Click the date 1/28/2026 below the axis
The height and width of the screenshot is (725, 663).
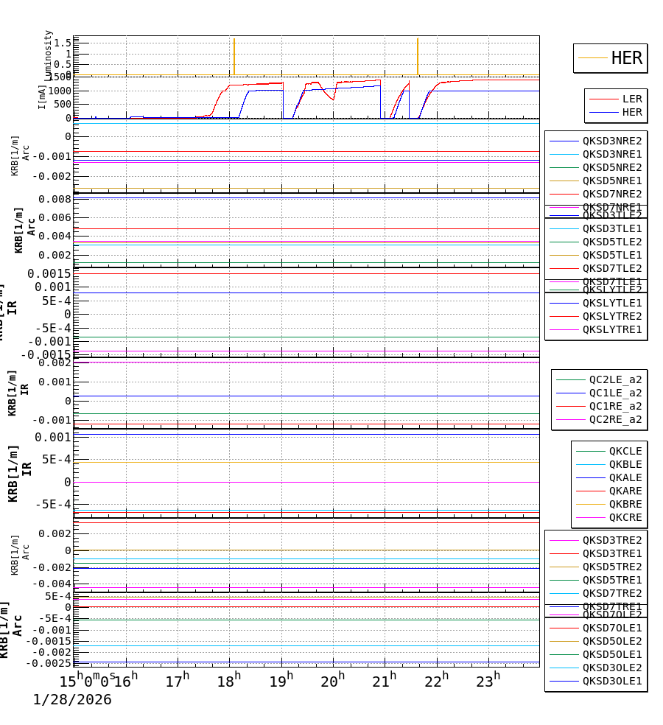72,700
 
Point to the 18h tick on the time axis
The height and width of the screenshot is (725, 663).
229,681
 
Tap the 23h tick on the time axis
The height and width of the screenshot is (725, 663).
488,681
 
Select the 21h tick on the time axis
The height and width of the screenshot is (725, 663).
385,681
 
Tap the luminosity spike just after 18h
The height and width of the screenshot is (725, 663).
234,55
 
